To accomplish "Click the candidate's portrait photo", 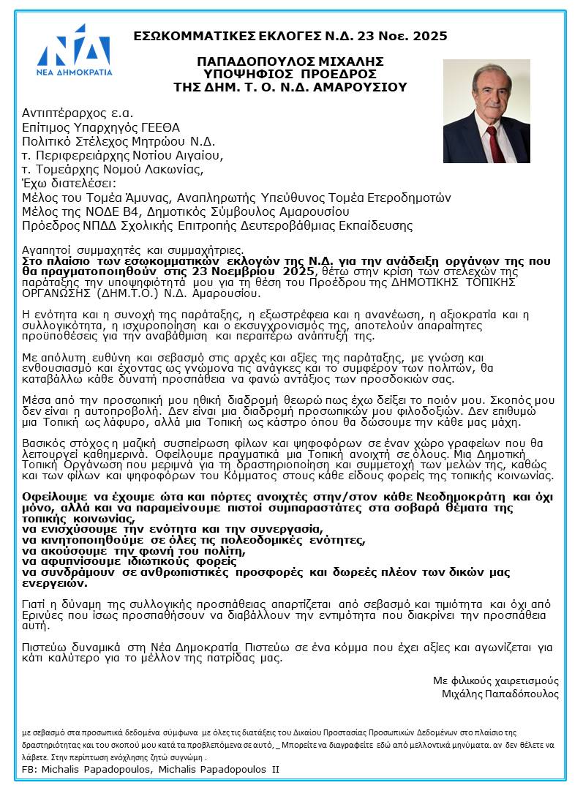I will (x=486, y=111).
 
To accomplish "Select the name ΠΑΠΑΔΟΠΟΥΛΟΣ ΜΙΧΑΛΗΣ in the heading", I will (x=290, y=61).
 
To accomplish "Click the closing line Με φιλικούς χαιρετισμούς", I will (x=495, y=680).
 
